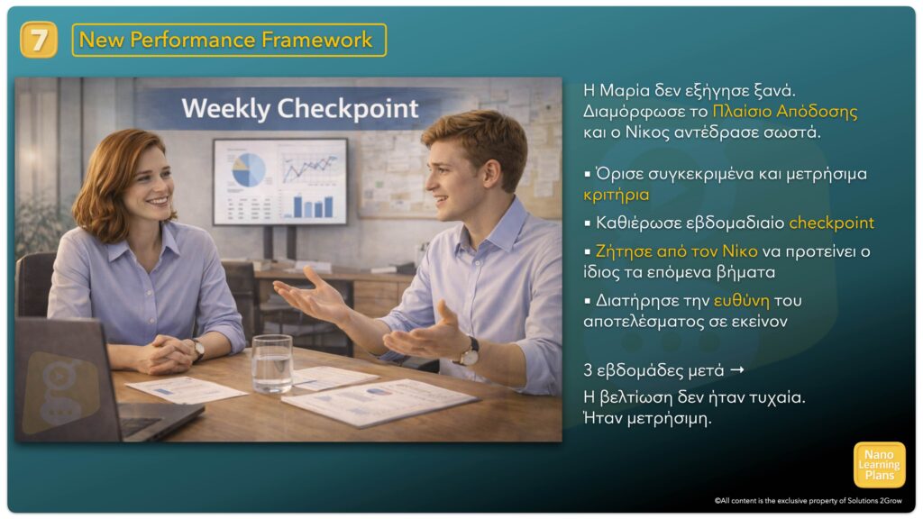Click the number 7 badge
[x=38, y=40]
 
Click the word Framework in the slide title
[x=316, y=40]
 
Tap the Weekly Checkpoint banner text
[x=299, y=108]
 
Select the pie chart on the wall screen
[x=249, y=169]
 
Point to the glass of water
[x=272, y=363]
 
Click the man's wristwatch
[x=470, y=353]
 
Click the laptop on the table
[x=88, y=382]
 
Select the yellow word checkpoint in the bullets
[x=831, y=223]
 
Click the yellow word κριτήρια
[x=617, y=195]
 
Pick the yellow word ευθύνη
[x=741, y=301]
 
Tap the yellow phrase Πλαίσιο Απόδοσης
[x=785, y=111]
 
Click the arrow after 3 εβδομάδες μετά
[x=737, y=370]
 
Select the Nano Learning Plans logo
[x=880, y=465]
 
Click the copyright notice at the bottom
[x=808, y=501]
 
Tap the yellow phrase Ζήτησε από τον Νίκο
[x=676, y=251]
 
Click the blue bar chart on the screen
[x=313, y=206]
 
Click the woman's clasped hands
[x=167, y=355]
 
